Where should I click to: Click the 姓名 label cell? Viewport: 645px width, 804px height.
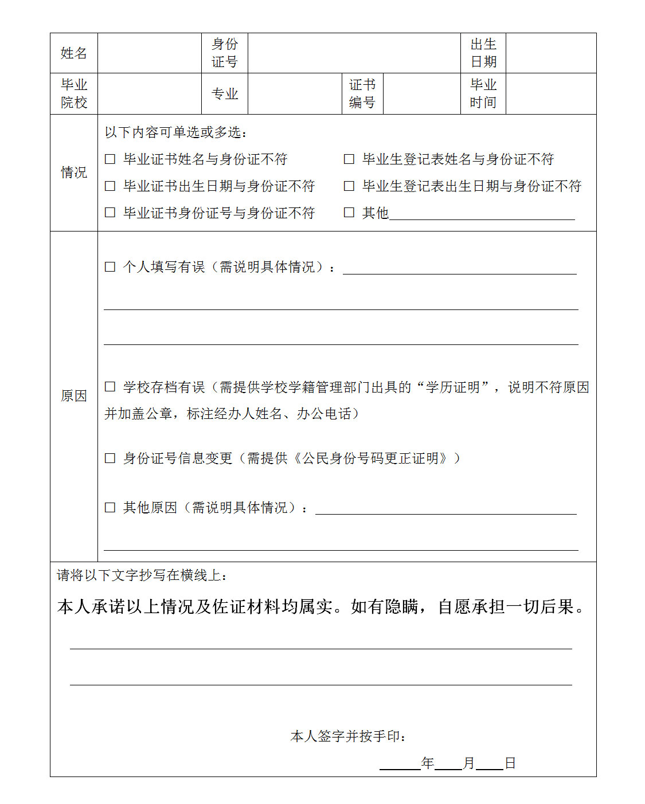point(73,53)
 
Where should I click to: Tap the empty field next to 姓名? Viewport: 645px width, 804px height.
point(149,53)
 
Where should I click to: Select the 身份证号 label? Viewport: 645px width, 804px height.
point(224,53)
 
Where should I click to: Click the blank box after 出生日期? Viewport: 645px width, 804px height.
point(550,53)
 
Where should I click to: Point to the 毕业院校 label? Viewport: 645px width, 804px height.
point(73,94)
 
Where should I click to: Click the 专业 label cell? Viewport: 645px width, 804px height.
point(224,94)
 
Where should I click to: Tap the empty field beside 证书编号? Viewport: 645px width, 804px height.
point(421,94)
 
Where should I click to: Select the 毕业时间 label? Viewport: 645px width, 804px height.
point(483,94)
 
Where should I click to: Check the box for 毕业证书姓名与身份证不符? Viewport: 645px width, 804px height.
point(110,159)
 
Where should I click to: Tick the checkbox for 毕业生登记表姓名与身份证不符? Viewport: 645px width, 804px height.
point(349,159)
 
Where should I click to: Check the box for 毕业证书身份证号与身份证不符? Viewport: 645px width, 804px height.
point(110,213)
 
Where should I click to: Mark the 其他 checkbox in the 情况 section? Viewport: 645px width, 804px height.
point(349,213)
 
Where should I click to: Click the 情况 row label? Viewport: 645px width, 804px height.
point(73,172)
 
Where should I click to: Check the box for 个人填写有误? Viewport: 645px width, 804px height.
point(110,267)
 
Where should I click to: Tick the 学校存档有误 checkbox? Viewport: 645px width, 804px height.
point(110,387)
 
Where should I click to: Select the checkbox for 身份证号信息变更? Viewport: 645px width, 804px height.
point(110,458)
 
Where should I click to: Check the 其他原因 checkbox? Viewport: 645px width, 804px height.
point(110,508)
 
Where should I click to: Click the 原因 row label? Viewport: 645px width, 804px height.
point(73,396)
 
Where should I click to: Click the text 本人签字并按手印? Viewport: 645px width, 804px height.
point(348,736)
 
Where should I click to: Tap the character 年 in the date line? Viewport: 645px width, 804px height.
point(427,763)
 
